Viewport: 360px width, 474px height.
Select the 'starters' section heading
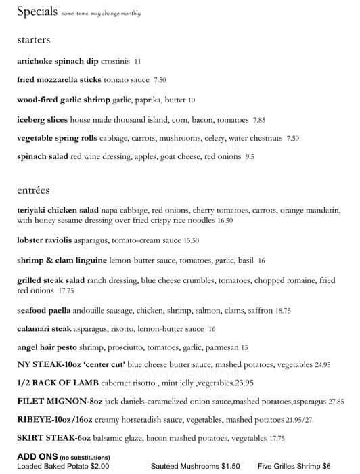(x=34, y=41)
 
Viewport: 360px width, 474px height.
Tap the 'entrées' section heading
(x=34, y=190)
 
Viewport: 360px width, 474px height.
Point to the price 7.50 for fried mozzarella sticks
(x=160, y=80)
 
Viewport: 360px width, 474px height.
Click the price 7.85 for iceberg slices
(x=259, y=120)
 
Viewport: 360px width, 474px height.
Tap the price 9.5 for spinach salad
(x=250, y=157)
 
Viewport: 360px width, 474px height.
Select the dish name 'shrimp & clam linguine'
(x=62, y=260)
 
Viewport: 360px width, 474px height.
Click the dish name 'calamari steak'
(x=45, y=329)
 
